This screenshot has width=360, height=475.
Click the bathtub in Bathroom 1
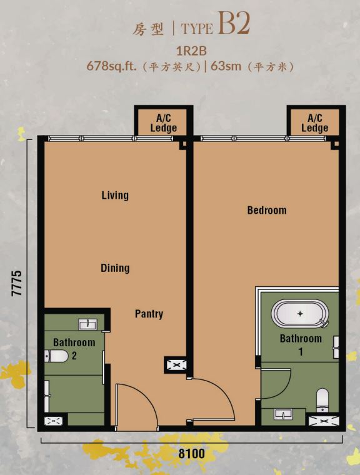[300, 314]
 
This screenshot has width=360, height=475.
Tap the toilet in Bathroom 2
[57, 356]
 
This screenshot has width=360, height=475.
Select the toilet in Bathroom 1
[322, 400]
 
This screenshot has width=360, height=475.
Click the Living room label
[115, 195]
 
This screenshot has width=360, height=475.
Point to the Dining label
[115, 268]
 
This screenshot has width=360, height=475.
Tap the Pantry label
[149, 314]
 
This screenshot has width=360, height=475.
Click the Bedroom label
[267, 210]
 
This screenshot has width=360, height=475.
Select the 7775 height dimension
[17, 283]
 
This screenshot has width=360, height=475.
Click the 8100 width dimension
[191, 454]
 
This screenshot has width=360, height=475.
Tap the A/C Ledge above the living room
[164, 123]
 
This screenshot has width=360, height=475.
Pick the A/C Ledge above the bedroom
[315, 123]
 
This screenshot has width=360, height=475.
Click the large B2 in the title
[234, 23]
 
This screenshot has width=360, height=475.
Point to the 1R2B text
[191, 51]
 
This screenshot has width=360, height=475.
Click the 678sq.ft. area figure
[111, 66]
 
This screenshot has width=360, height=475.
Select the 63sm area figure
[226, 66]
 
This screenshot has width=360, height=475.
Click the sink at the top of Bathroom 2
[88, 324]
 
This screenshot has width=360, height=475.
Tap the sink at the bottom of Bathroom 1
[283, 414]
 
